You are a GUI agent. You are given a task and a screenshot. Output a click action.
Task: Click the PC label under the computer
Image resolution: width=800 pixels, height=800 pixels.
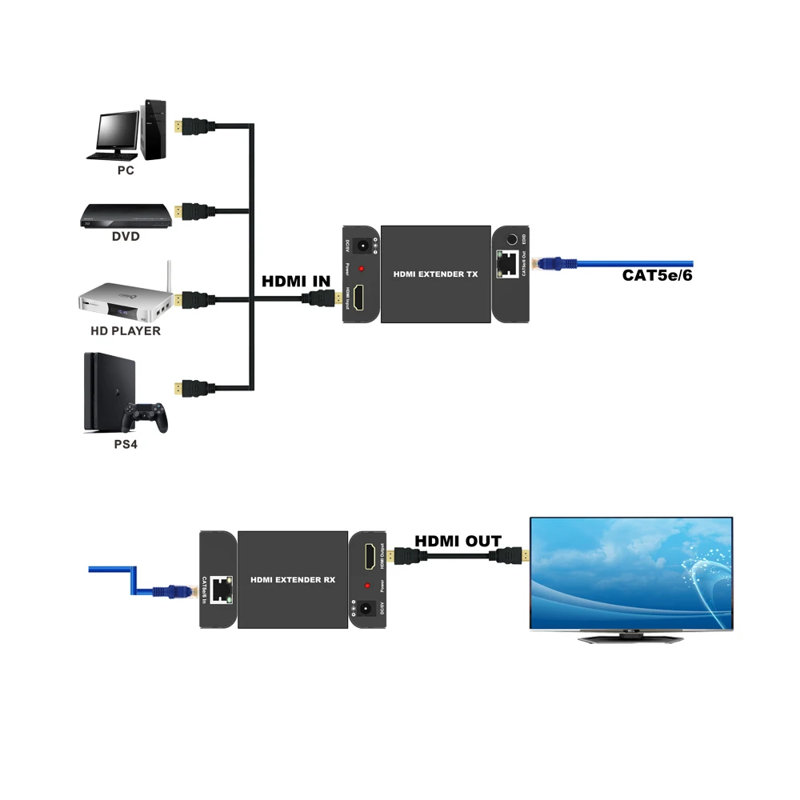click(125, 170)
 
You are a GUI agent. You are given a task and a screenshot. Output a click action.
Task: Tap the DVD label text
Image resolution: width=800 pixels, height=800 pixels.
click(126, 236)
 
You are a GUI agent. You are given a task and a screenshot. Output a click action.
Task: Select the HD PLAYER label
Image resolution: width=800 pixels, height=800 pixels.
click(125, 330)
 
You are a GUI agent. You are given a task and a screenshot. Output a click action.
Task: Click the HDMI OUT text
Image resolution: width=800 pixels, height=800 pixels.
click(458, 542)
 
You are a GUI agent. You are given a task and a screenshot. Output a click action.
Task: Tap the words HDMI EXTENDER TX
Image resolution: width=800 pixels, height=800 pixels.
click(436, 274)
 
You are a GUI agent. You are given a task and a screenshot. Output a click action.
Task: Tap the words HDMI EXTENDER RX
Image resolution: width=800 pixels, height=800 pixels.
click(293, 578)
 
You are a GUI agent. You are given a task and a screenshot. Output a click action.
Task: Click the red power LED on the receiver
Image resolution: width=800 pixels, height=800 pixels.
click(369, 586)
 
